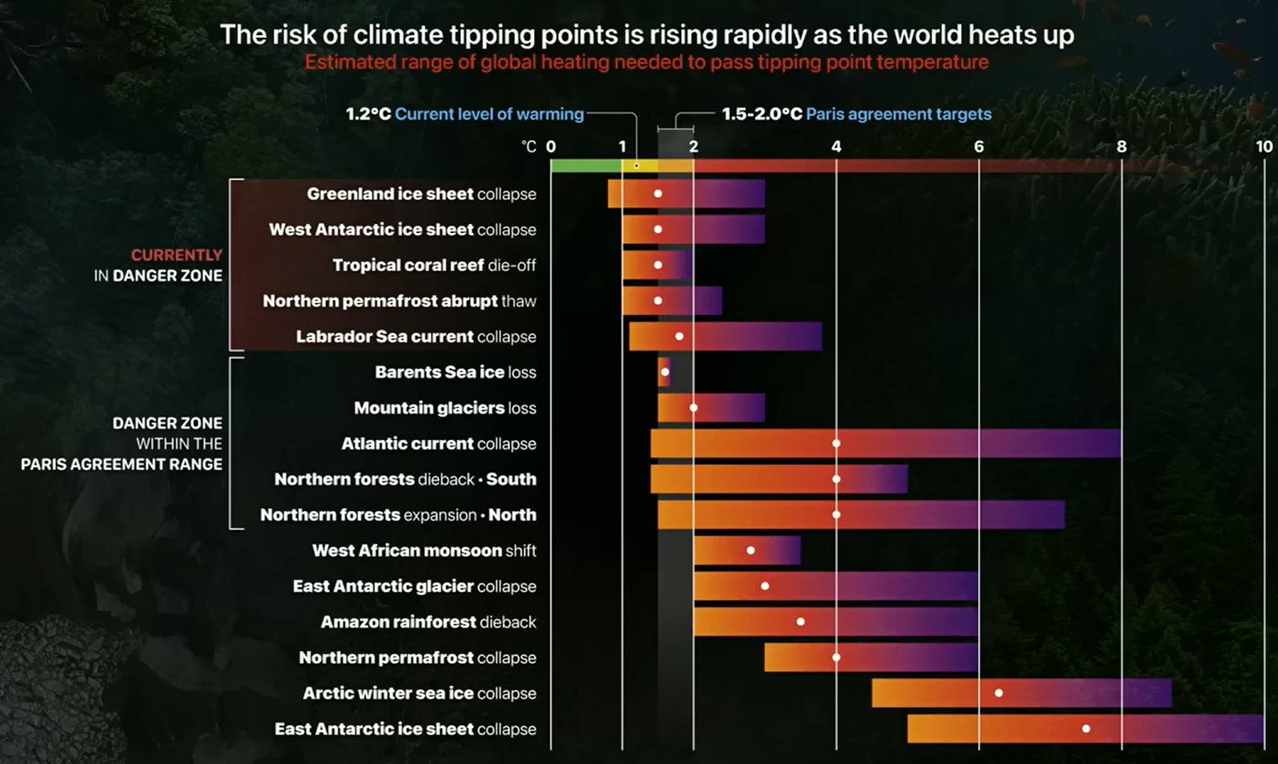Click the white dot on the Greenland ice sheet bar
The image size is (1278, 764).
(658, 194)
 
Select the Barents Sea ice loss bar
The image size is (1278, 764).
(664, 372)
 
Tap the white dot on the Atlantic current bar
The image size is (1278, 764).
(836, 443)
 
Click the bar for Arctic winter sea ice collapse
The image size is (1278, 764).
(1021, 693)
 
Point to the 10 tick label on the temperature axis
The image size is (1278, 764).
(1263, 146)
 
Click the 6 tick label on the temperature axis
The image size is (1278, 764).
(979, 146)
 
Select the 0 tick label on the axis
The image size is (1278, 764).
(551, 146)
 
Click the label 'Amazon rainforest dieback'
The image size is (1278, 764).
(428, 622)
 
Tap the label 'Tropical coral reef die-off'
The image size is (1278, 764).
(434, 265)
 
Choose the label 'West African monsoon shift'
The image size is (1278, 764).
(424, 551)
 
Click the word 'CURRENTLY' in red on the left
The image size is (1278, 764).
(177, 255)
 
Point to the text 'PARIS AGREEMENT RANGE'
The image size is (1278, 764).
(121, 464)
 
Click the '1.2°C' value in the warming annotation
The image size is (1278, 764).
(368, 114)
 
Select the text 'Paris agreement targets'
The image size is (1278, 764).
(898, 114)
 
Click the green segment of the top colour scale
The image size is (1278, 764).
(585, 165)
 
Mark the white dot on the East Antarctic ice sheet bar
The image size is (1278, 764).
(1086, 729)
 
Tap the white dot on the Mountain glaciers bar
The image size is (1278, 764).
(694, 407)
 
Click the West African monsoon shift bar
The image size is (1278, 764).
(746, 551)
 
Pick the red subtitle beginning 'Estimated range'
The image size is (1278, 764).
(646, 62)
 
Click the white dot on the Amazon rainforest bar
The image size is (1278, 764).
(800, 622)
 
